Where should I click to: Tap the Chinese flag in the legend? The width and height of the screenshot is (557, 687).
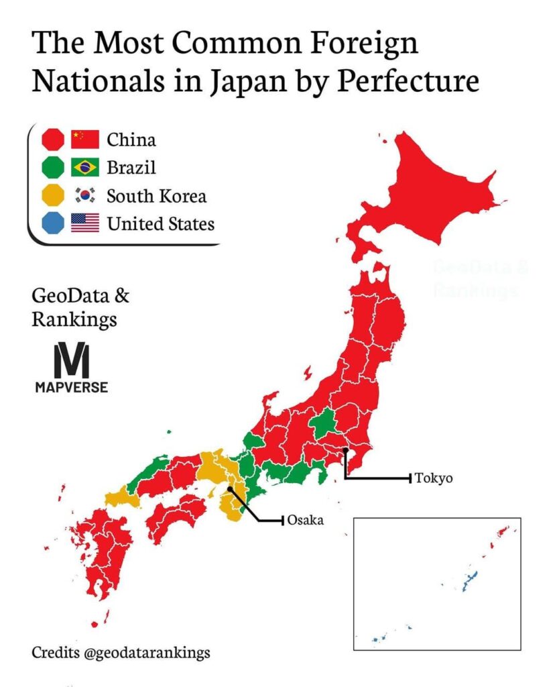coord(84,140)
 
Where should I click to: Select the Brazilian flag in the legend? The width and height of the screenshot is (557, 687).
coord(84,167)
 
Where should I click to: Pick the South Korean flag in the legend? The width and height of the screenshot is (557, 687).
coord(84,195)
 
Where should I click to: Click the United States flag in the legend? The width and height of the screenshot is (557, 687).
coord(84,223)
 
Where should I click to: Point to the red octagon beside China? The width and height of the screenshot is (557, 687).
coord(53,140)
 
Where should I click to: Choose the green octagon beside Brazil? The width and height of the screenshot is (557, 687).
coord(53,167)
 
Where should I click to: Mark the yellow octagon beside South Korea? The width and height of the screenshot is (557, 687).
coord(53,195)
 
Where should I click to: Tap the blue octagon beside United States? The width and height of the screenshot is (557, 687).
coord(53,223)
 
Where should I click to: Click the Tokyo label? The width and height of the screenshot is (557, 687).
coord(434,478)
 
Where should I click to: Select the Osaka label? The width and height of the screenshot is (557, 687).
coord(305,520)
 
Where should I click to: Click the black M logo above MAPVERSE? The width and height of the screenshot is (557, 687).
coord(71,361)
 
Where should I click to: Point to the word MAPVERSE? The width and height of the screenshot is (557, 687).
coord(71,387)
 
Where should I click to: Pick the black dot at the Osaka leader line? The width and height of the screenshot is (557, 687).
coord(230,490)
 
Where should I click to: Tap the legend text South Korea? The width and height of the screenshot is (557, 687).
coord(157,196)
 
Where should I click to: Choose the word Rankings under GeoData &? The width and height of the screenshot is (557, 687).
coord(74,320)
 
